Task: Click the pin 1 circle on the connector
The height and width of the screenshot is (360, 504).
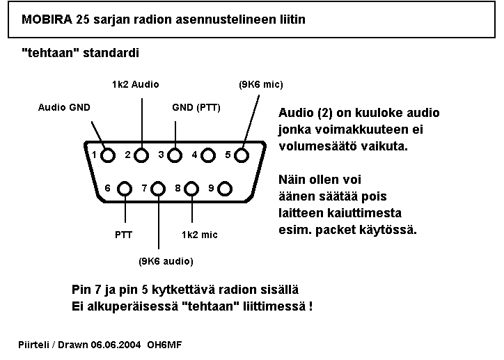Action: pos(109,155)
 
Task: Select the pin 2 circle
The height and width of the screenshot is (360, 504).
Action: pos(141,155)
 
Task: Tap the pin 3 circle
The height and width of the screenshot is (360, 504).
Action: pos(175,155)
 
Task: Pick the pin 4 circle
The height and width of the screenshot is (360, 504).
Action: pos(209,155)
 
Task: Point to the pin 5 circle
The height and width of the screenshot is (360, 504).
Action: pos(242,155)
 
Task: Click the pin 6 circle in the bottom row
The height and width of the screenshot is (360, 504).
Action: pos(125,188)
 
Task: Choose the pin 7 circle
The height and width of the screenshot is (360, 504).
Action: pos(159,188)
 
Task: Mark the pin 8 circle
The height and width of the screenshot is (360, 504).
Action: pos(192,188)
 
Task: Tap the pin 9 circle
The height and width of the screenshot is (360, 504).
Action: pos(225,188)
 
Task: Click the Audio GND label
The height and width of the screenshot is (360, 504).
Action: pos(64,107)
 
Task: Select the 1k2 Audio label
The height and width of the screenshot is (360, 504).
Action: pos(135,84)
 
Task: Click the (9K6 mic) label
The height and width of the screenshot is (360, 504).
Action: pos(260,85)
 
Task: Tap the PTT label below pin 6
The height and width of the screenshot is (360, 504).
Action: pos(123,235)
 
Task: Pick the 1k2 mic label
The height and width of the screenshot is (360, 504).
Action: pos(199,235)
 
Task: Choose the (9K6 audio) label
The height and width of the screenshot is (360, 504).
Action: pos(166,261)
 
